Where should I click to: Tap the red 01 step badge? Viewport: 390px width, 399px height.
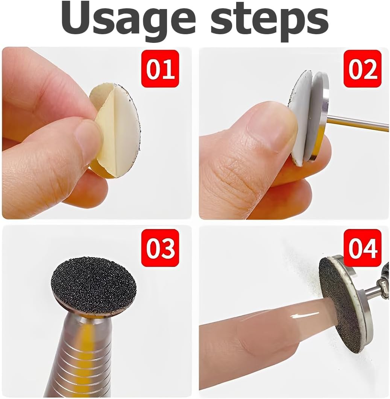click(x=161, y=69)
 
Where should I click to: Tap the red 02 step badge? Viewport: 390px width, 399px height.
click(x=362, y=69)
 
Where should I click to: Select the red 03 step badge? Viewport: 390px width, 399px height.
click(x=161, y=248)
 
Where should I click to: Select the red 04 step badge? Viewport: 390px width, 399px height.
click(x=362, y=248)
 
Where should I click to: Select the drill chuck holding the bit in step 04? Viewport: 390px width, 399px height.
click(x=380, y=286)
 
